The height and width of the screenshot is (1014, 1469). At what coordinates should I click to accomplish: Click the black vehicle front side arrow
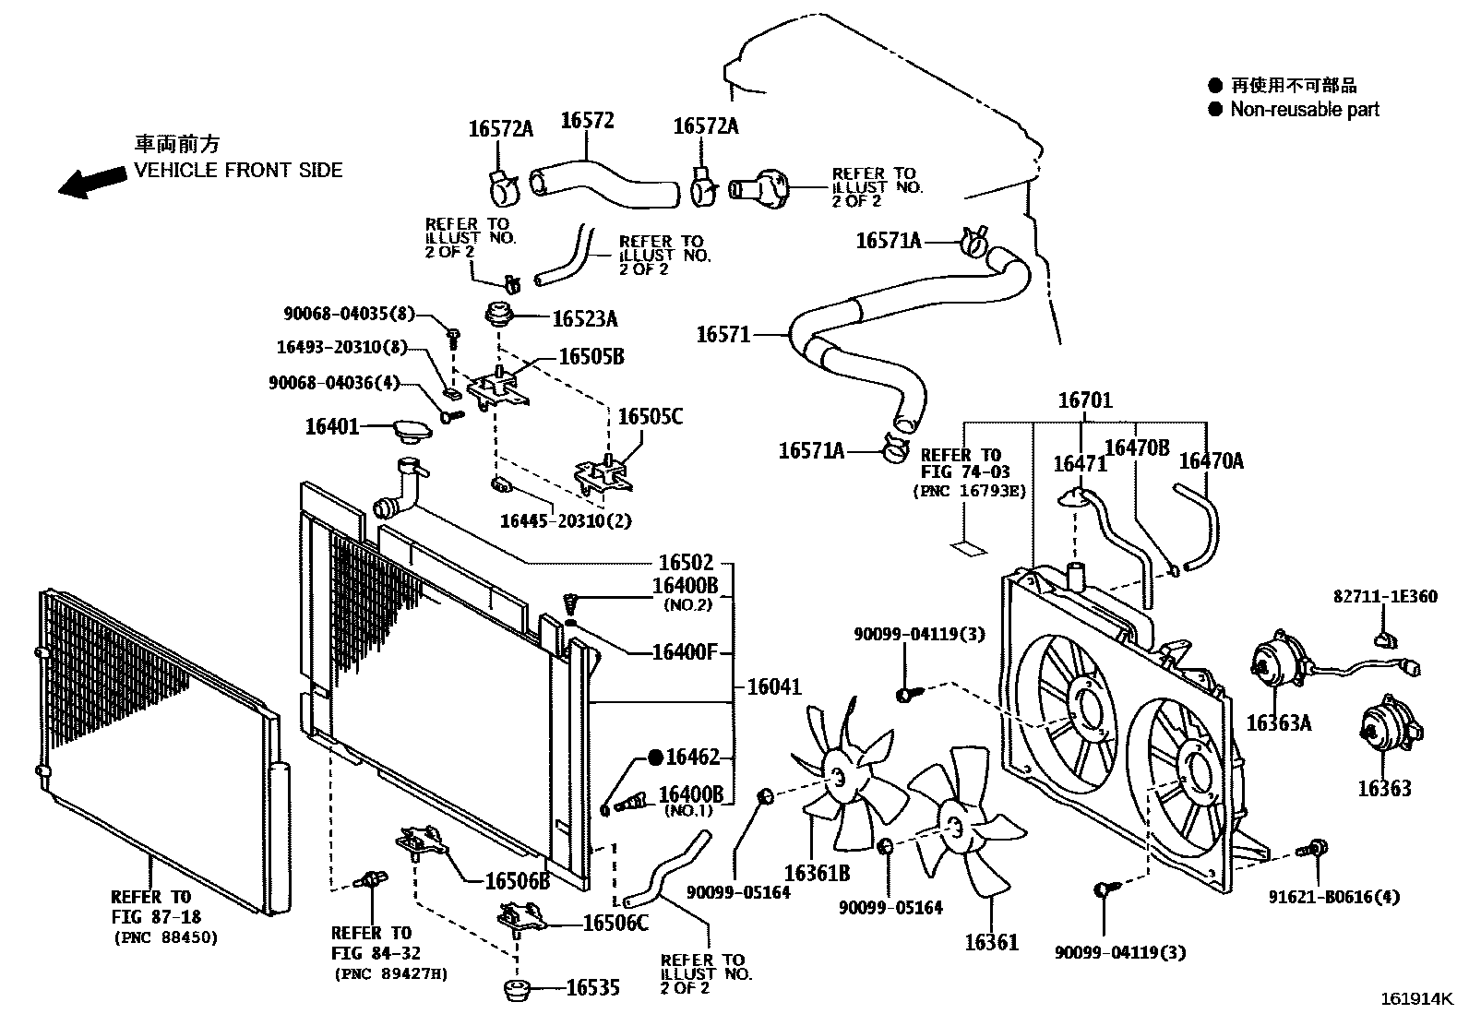(92, 180)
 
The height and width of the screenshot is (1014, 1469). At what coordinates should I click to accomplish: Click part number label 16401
(331, 427)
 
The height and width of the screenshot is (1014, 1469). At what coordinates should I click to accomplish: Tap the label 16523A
(584, 319)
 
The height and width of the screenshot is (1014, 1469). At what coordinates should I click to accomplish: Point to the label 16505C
(650, 417)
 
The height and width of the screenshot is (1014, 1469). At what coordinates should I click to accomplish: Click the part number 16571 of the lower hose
(723, 334)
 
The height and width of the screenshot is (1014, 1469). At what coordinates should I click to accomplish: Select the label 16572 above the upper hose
(587, 121)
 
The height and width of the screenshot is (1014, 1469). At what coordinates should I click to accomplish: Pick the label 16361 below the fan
(991, 942)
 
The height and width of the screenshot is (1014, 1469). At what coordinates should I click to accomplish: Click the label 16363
(1383, 789)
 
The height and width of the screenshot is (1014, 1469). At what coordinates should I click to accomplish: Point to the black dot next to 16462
(655, 758)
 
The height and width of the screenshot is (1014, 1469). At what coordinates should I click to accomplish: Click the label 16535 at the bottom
(592, 988)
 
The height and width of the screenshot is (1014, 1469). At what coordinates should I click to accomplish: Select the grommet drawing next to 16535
(520, 992)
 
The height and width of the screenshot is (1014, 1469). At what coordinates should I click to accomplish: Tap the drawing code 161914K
(1416, 999)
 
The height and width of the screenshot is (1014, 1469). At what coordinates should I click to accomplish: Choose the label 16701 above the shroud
(1085, 400)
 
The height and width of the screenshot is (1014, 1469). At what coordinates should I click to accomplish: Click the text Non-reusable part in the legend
(1304, 110)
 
